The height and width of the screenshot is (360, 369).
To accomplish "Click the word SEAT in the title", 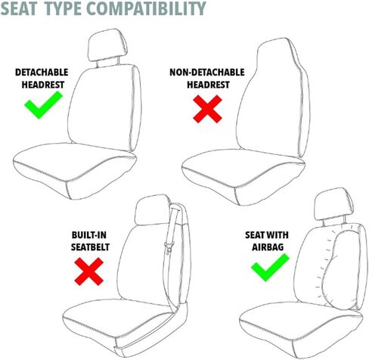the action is click(x=19, y=8).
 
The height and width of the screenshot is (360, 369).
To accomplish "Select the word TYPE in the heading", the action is click(x=63, y=8).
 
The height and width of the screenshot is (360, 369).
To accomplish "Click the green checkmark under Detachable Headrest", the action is click(x=43, y=105).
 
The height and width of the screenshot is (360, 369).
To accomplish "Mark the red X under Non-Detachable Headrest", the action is click(x=207, y=109).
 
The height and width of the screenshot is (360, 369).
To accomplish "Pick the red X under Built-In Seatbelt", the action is click(x=89, y=272).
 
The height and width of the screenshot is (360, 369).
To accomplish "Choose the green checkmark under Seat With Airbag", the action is click(x=270, y=268).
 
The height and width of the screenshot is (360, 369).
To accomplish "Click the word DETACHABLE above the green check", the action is click(x=42, y=73).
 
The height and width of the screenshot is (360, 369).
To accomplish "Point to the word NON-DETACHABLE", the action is click(x=207, y=73).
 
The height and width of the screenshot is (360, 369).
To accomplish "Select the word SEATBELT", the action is click(x=90, y=247).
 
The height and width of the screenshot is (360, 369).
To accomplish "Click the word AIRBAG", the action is click(x=268, y=247).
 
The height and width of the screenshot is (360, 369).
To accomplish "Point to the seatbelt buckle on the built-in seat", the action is click(x=168, y=247).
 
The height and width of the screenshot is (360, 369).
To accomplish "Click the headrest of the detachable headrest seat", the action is click(x=108, y=45).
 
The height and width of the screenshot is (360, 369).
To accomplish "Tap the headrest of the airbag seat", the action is click(x=333, y=204).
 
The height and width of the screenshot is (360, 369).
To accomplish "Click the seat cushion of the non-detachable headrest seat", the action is click(x=243, y=176).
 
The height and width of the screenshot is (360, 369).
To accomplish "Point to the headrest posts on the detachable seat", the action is click(x=108, y=62).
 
